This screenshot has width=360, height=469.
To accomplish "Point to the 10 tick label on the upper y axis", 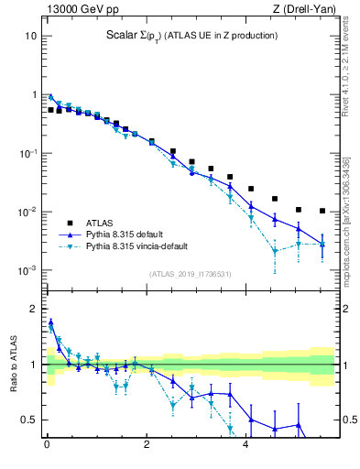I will click(x=30, y=36).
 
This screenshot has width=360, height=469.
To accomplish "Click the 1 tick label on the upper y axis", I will click(x=33, y=94).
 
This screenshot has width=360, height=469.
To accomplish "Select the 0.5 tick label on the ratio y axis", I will click(x=29, y=420).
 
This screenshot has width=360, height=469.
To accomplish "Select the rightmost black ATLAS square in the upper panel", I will click(x=322, y=211).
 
